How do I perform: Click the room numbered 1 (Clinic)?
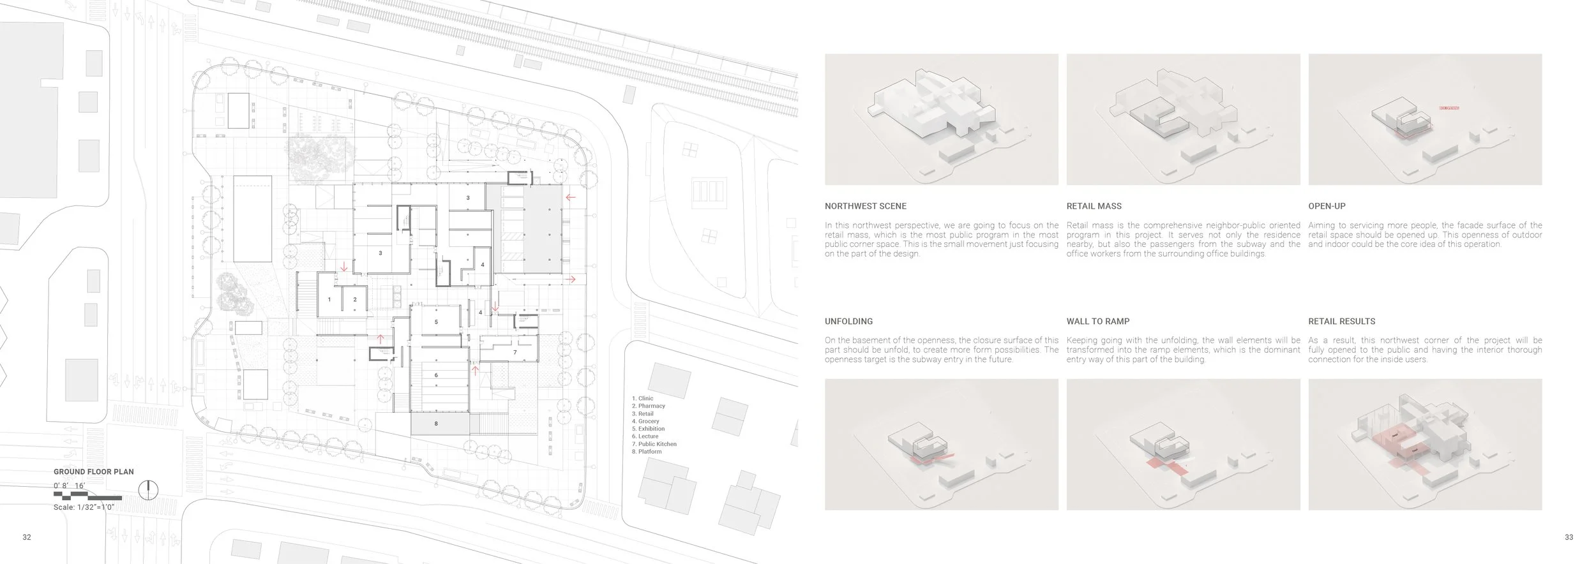point(329,299)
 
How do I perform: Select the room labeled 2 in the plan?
point(355,299)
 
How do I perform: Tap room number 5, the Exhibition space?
point(436,322)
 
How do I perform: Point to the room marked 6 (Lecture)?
point(436,375)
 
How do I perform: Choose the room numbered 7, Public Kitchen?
point(515,353)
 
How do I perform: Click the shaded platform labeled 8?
point(436,424)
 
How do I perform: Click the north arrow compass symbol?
point(148,490)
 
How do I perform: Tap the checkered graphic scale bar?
point(87,495)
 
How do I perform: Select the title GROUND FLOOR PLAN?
point(94,472)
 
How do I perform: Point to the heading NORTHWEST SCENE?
point(865,206)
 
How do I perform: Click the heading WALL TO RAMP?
point(1097,322)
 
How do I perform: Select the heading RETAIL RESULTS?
point(1341,322)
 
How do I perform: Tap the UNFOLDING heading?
point(848,322)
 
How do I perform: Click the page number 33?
point(1569,537)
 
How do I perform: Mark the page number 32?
point(27,537)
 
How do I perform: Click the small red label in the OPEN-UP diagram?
point(1449,108)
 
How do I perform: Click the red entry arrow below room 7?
point(475,369)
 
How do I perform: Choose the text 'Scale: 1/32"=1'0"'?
point(84,507)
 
